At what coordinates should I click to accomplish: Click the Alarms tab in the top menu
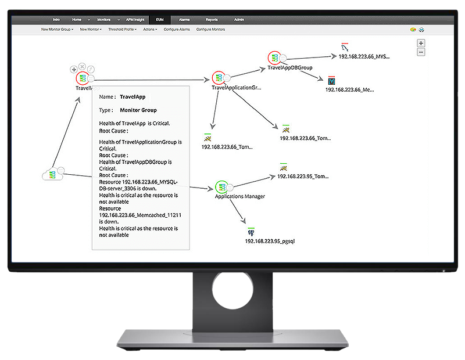click(184, 20)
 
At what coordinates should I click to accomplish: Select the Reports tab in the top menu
click(212, 20)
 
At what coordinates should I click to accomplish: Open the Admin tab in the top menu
click(239, 20)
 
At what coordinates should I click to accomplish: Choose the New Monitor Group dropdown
click(57, 29)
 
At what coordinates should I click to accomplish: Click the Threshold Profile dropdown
click(122, 29)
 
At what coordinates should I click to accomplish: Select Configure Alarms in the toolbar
click(177, 29)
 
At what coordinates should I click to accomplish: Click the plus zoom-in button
click(421, 43)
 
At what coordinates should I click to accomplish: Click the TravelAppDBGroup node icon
click(274, 58)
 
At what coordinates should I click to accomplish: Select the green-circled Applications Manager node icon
click(221, 187)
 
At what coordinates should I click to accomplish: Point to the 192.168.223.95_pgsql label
click(270, 240)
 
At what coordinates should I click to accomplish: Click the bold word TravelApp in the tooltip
click(132, 97)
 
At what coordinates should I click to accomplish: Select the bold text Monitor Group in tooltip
click(138, 110)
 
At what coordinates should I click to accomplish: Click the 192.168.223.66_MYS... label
click(366, 57)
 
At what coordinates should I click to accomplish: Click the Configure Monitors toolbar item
click(210, 29)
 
